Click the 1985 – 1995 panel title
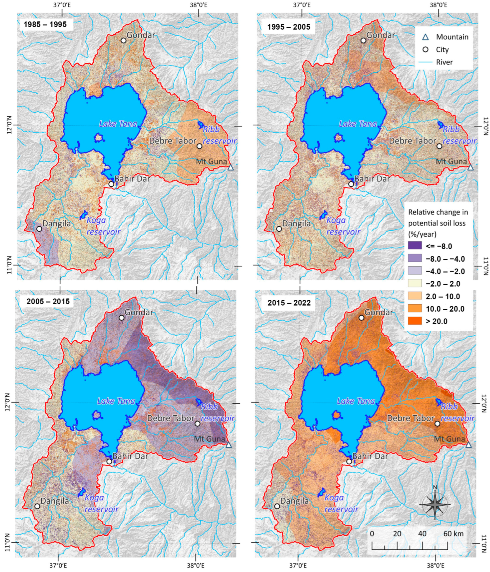45,25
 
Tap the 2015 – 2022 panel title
289,303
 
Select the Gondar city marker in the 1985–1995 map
124,40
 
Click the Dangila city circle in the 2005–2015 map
37,506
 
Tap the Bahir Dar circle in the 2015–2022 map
349,462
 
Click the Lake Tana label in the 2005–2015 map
116,401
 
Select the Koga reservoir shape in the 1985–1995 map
83,215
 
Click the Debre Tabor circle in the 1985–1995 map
199,146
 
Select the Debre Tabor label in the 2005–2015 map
170,418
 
